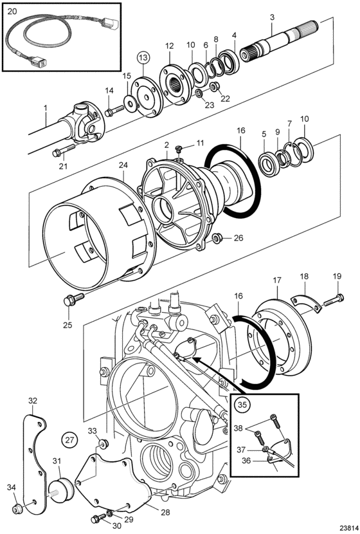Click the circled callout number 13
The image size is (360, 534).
click(143, 57)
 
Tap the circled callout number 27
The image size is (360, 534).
click(69, 439)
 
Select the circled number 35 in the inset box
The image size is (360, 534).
click(242, 404)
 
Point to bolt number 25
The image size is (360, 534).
click(73, 299)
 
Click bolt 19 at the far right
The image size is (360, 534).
click(333, 300)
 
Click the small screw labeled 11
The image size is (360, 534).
click(180, 149)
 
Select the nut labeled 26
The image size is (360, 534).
click(216, 237)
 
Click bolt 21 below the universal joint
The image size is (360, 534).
click(63, 151)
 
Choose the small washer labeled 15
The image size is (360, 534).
click(130, 104)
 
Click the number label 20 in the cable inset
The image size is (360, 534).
click(12, 11)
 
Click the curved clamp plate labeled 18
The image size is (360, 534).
click(306, 304)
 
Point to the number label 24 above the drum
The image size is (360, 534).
click(123, 165)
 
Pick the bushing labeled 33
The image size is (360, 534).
click(103, 444)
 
